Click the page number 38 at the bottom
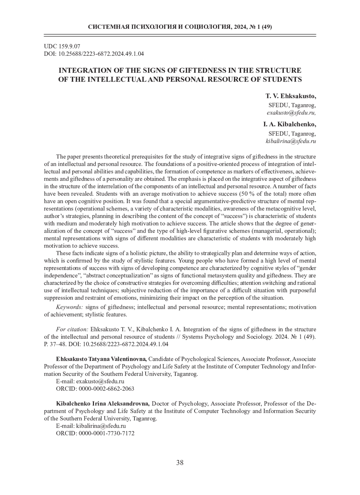pyautogui.click(x=180, y=463)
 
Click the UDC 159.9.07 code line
pyautogui.click(x=62, y=46)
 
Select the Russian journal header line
pyautogui.click(x=180, y=27)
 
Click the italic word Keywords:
pyautogui.click(x=69, y=307)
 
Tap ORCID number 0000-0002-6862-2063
pyautogui.click(x=106, y=389)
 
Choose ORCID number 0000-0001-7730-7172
pyautogui.click(x=106, y=433)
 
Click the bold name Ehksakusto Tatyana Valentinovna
pyautogui.click(x=101, y=359)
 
